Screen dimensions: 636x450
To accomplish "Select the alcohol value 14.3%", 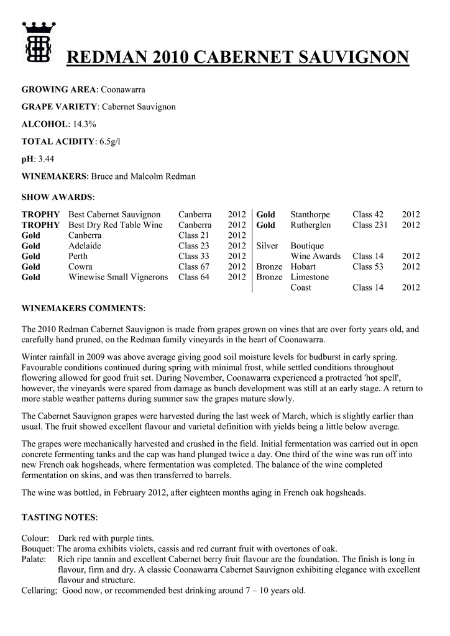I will tap(85, 124).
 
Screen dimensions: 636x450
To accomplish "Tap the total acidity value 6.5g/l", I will tap(109, 142).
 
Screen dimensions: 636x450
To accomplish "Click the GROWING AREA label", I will tap(58, 90).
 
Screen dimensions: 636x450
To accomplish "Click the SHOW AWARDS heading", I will tap(57, 197).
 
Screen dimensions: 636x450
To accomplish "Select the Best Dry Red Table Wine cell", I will tap(115, 225).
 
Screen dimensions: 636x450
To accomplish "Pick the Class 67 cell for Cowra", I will tap(193, 266).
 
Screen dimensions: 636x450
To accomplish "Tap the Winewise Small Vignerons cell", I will tap(118, 277).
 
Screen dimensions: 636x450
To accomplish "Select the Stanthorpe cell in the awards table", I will tap(310, 214).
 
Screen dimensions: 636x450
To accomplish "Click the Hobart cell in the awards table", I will tap(303, 266).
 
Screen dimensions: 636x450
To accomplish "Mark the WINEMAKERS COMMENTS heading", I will tap(83, 308).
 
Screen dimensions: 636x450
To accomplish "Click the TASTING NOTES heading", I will tap(58, 517).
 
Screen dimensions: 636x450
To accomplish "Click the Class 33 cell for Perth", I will tap(193, 256).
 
